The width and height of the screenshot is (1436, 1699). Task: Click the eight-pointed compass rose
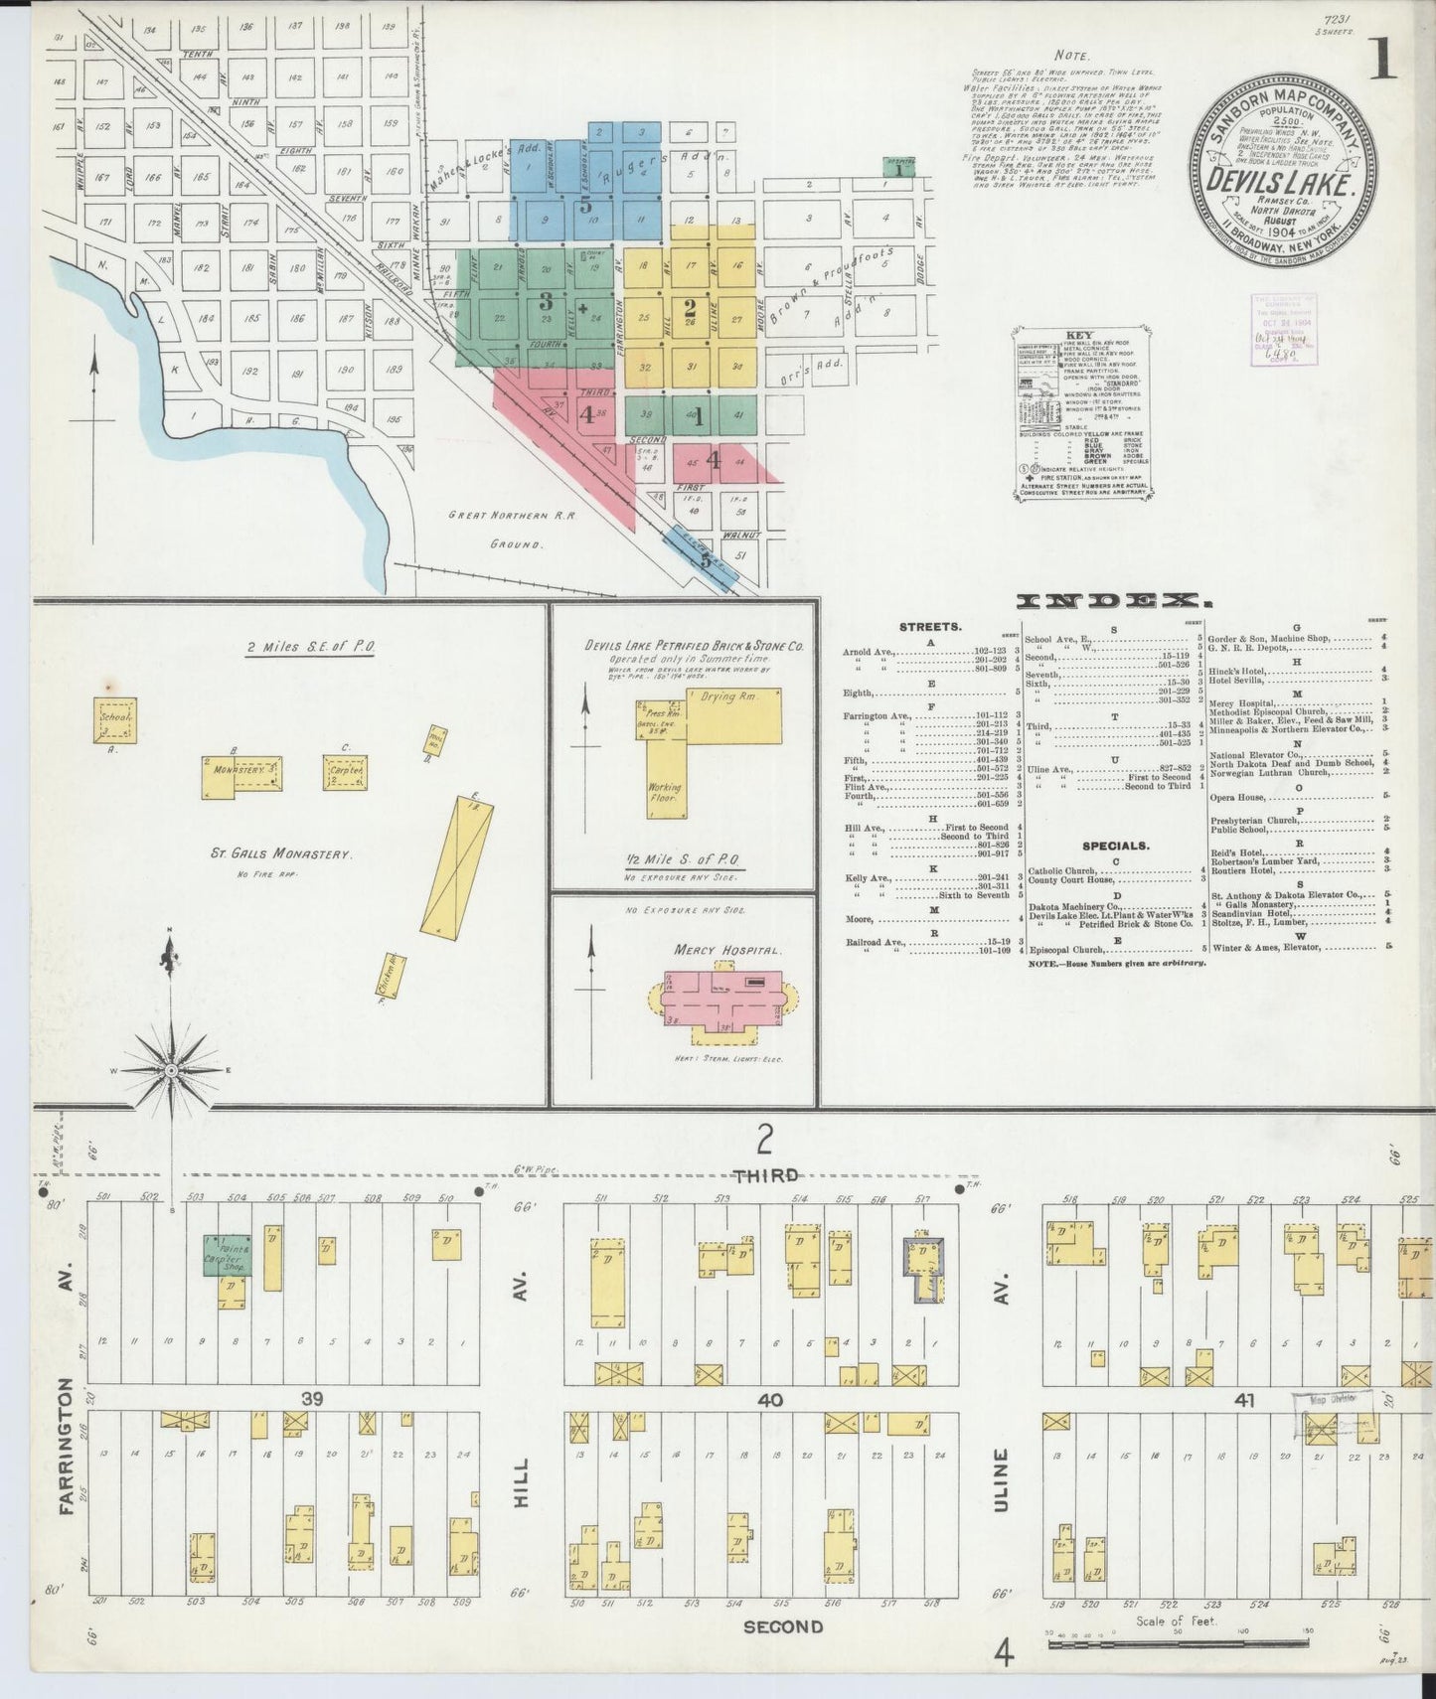171,1069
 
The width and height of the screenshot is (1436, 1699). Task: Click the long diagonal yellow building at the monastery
453,863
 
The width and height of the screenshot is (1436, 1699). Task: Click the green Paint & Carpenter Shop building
228,1255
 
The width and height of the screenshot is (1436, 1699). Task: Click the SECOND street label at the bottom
782,1626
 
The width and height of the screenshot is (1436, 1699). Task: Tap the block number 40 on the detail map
770,1400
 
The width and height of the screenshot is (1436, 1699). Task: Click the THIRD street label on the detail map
765,1175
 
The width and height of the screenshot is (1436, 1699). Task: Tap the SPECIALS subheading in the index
1116,847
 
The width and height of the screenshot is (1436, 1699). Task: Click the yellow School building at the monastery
115,718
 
